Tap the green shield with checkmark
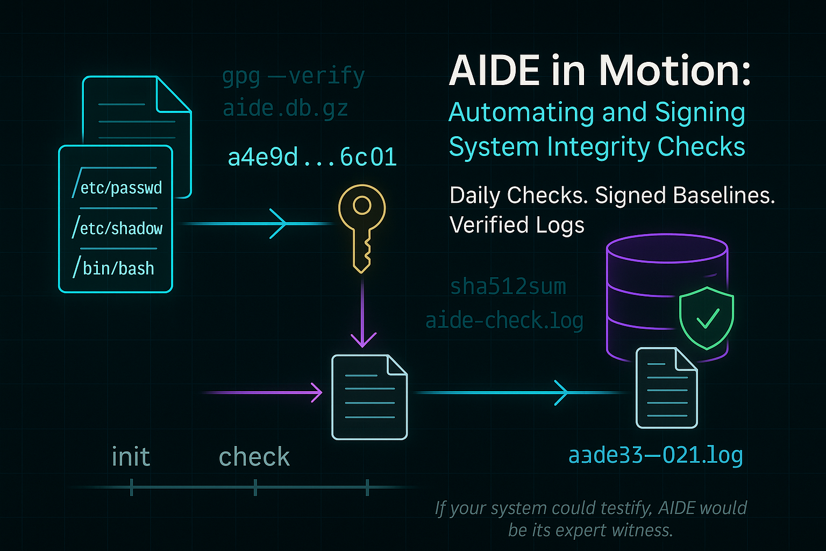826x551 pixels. point(706,317)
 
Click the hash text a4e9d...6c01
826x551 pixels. point(312,157)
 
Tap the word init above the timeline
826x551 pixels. point(131,457)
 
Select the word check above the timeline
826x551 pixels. point(254,457)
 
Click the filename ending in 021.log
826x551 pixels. point(656,455)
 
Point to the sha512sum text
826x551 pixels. point(508,287)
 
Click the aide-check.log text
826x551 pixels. point(504,321)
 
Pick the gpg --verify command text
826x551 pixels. point(294,76)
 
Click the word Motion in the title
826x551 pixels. point(675,71)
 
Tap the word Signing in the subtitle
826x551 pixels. point(700,112)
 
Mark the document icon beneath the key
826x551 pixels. point(369,397)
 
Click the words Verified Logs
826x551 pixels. point(516,225)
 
